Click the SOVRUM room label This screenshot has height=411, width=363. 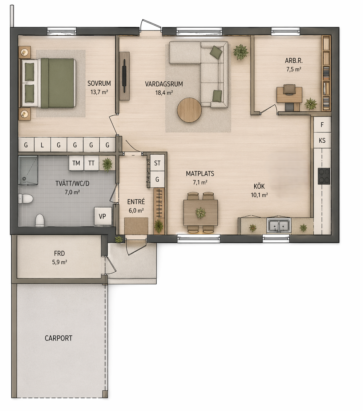click(x=99, y=83)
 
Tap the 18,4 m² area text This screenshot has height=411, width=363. click(x=164, y=93)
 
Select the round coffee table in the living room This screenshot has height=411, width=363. click(x=189, y=110)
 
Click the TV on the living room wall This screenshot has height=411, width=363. click(x=124, y=76)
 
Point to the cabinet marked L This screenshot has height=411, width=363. click(x=42, y=145)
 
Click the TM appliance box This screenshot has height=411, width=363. click(x=76, y=163)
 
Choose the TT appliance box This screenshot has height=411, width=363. click(x=91, y=163)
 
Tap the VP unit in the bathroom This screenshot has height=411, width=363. click(x=103, y=216)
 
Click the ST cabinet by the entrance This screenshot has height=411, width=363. click(x=157, y=163)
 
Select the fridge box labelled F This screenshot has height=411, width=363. click(x=322, y=125)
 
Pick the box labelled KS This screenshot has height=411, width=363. click(x=322, y=140)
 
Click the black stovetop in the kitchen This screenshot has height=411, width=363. click(x=324, y=176)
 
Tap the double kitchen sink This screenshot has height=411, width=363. click(x=279, y=226)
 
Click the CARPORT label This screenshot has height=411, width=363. click(x=58, y=338)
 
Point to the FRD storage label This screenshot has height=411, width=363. click(x=59, y=253)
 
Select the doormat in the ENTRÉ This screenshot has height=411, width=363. click(x=136, y=226)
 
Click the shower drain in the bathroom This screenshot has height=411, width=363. click(x=24, y=179)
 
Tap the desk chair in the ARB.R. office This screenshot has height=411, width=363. click(x=289, y=89)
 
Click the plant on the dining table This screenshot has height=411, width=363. click(x=200, y=213)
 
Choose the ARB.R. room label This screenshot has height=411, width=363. click(x=294, y=60)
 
